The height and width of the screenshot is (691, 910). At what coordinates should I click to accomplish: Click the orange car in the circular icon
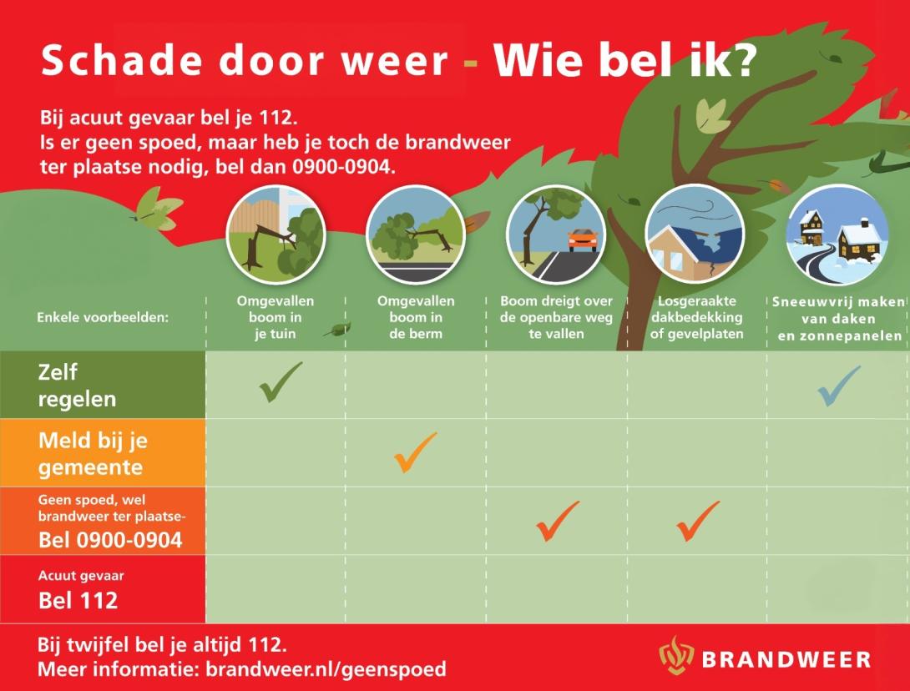click(583, 240)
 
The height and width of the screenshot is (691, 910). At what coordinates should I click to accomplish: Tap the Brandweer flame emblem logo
click(676, 655)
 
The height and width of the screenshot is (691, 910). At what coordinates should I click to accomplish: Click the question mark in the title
click(742, 60)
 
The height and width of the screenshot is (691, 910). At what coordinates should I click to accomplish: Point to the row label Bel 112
click(78, 601)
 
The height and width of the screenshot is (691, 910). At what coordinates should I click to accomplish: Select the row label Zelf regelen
click(77, 386)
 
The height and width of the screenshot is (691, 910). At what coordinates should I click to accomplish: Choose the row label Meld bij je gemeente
click(93, 454)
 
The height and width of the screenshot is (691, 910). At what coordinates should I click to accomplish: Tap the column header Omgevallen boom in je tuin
click(276, 317)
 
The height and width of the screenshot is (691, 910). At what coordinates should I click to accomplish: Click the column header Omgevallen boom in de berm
click(416, 317)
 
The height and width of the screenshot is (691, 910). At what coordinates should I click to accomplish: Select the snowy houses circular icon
click(837, 235)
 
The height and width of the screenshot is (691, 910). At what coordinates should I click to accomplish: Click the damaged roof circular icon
click(694, 235)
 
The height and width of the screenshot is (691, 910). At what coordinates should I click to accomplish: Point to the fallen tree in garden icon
click(276, 235)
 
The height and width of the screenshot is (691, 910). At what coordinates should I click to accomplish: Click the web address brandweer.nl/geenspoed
click(326, 669)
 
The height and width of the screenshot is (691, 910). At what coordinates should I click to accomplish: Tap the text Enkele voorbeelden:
click(103, 317)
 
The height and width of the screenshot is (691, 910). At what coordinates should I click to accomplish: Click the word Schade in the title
click(122, 60)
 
